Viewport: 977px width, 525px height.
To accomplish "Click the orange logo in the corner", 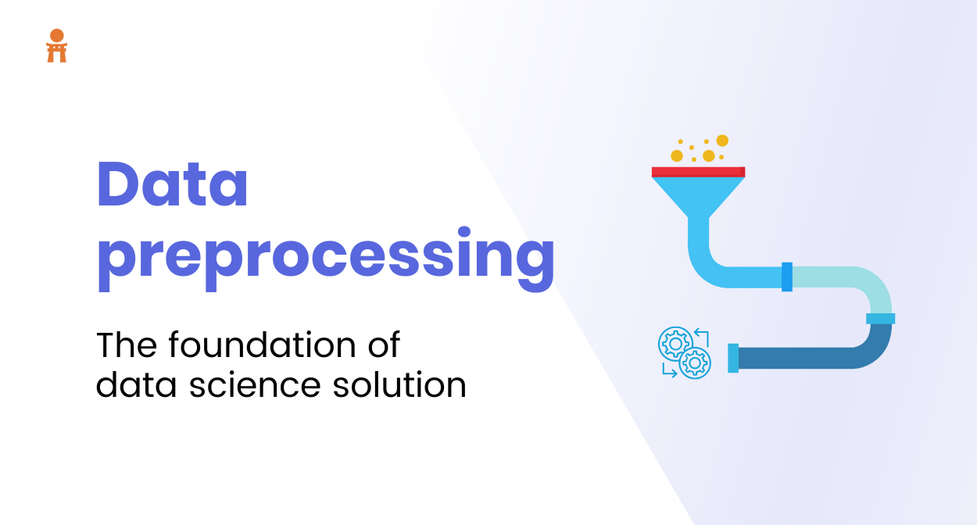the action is click(x=57, y=46).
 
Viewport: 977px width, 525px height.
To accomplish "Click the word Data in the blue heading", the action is click(x=173, y=184).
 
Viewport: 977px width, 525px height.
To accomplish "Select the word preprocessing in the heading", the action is click(x=326, y=259).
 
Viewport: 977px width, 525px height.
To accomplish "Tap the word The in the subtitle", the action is click(x=127, y=345).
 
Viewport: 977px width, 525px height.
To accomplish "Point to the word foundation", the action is click(x=263, y=345).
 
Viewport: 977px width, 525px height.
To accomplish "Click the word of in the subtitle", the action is click(x=385, y=345).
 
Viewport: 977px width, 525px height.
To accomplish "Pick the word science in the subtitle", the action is click(x=255, y=385).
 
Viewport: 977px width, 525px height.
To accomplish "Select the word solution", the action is click(x=399, y=384).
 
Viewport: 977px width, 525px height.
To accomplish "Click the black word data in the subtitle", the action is click(x=136, y=384).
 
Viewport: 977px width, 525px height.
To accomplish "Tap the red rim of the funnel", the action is click(x=698, y=172).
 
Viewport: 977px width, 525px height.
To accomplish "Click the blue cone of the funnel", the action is click(x=698, y=196).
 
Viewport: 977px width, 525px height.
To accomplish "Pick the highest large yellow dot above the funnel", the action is click(x=722, y=141).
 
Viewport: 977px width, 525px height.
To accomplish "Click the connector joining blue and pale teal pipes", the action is click(x=787, y=277).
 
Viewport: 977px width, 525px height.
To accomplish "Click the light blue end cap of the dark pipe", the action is click(x=733, y=358).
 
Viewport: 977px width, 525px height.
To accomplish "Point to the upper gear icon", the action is click(x=675, y=344).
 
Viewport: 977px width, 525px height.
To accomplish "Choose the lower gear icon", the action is click(x=694, y=362).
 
